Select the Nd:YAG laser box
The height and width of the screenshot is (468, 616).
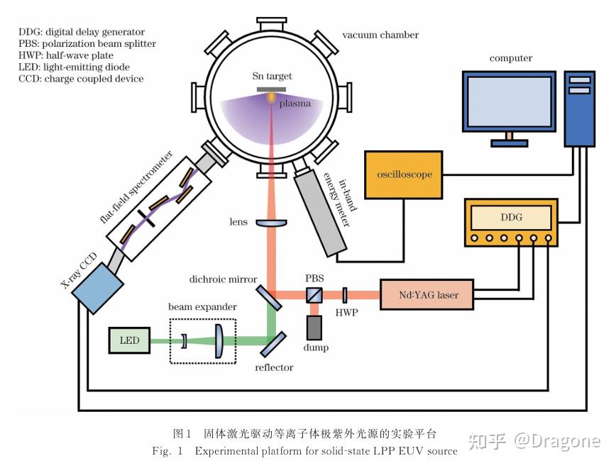pyautogui.click(x=427, y=294)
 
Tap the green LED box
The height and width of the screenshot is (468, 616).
pyautogui.click(x=130, y=340)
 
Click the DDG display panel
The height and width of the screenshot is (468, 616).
pyautogui.click(x=511, y=217)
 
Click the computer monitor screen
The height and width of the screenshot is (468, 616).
pyautogui.click(x=509, y=102)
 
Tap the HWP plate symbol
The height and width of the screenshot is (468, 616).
pyautogui.click(x=344, y=294)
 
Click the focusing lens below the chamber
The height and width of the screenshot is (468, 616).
pyautogui.click(x=270, y=223)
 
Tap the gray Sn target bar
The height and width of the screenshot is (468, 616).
pyautogui.click(x=271, y=88)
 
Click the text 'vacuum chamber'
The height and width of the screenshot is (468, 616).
pyautogui.click(x=380, y=35)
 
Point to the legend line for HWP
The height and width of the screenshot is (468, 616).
pyautogui.click(x=67, y=55)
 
